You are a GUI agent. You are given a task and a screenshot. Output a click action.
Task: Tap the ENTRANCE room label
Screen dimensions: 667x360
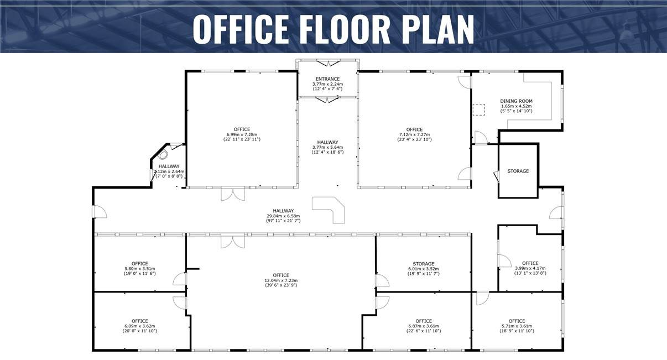[327, 79]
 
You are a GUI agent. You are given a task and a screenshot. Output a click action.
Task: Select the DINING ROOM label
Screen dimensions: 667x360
[517, 101]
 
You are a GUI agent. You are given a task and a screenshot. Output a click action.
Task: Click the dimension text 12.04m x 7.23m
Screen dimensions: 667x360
[281, 280]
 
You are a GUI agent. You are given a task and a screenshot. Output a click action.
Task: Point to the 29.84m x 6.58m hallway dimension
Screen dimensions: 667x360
[283, 216]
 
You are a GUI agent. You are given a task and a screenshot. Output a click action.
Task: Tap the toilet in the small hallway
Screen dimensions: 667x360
[163, 155]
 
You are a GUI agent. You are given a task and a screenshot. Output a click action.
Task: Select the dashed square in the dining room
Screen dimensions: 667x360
[479, 109]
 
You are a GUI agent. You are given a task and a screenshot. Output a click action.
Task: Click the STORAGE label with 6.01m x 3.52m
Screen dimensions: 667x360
[424, 264]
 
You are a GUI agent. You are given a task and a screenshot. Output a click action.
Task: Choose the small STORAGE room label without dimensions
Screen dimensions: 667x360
[518, 171]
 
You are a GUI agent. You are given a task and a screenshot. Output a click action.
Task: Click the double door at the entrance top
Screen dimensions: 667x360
[328, 63]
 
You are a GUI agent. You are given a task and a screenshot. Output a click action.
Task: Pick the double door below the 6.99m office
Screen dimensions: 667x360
[233, 194]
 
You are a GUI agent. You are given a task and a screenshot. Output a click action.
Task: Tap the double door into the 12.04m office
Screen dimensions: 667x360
[233, 241]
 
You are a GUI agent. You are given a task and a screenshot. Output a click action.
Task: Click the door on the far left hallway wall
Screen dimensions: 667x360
[100, 212]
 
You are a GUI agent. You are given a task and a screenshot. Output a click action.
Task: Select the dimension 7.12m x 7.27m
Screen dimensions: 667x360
[414, 134]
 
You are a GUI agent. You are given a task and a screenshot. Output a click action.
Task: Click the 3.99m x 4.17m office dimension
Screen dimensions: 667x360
[530, 268]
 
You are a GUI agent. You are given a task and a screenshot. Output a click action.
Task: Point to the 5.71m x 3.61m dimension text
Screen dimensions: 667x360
[517, 326]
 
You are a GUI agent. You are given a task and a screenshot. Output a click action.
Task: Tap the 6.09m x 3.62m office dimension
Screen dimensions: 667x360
[140, 326]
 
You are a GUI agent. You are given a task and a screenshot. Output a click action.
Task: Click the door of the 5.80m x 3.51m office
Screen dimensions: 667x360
[180, 279]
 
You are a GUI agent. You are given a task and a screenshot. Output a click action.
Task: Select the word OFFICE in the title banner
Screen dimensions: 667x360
[241, 29]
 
